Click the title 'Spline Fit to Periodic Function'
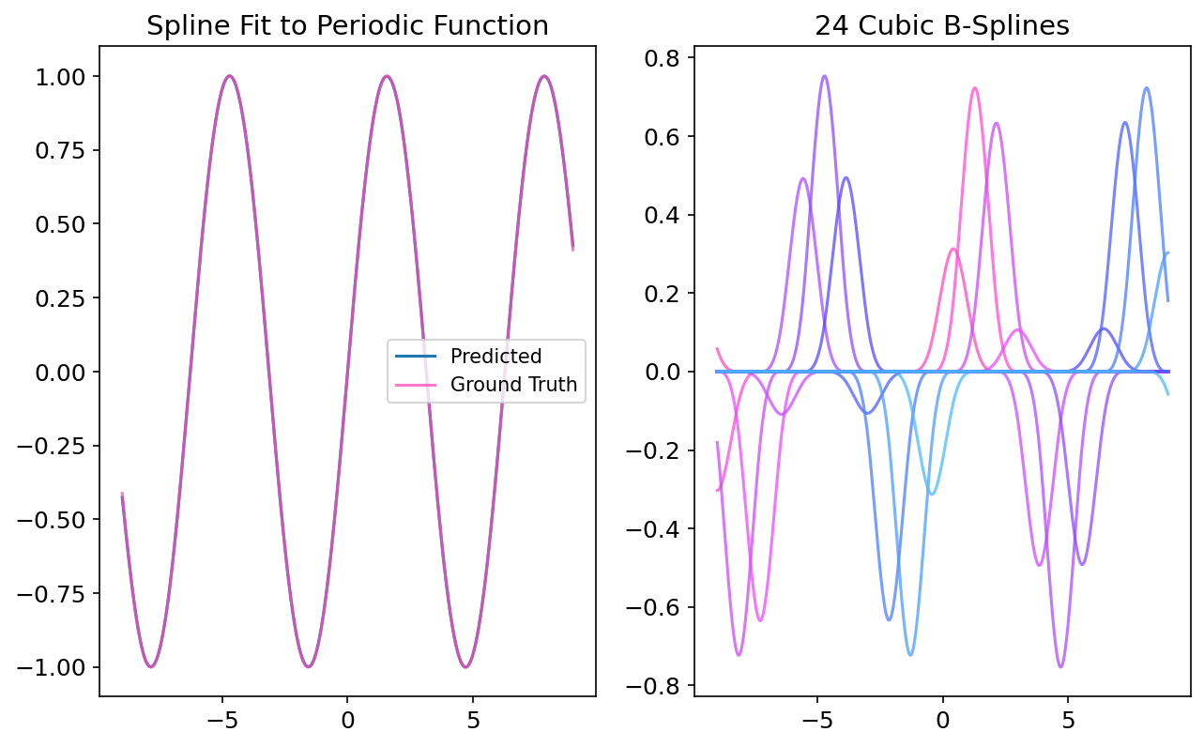347,26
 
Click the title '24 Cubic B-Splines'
942,26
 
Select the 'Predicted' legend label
495,357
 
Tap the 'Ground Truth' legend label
513,385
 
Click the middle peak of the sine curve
386,77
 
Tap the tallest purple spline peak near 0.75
824,76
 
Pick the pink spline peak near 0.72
974,88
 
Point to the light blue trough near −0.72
910,654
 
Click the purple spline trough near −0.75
1060,666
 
